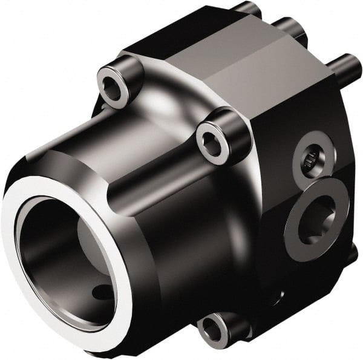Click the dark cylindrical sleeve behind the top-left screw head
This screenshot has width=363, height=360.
point(130,70)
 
